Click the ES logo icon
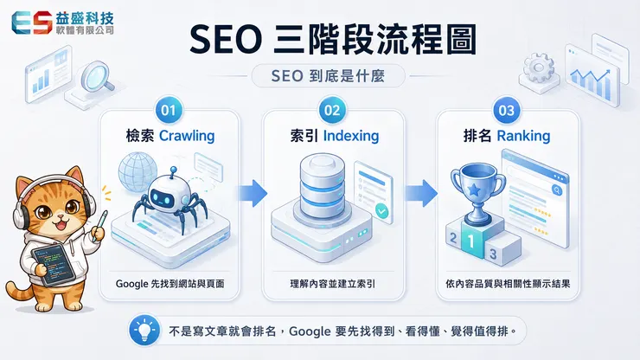coord(32,22)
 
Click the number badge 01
coord(169,110)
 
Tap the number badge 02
coord(332,110)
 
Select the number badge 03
coord(507,110)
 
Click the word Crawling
coord(187,136)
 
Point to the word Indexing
coord(351,136)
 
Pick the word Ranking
coord(523,136)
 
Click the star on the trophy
coord(474,190)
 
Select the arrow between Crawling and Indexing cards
coord(253,193)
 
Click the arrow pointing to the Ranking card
coord(421,193)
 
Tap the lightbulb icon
coord(144,331)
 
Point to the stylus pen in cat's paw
coord(99,226)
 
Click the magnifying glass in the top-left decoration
coord(97,76)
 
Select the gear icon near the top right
coord(539,67)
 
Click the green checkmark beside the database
coord(382,211)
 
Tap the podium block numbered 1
coord(472,240)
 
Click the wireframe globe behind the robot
coord(137,171)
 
